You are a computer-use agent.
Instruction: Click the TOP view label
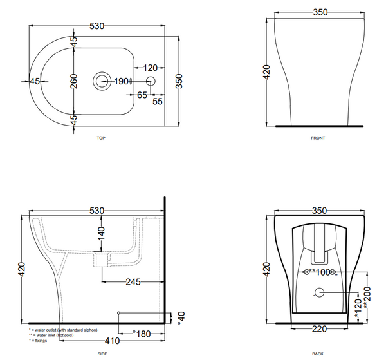[100, 138]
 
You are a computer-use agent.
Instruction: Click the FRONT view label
[318, 138]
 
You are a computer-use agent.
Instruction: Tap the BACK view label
[317, 354]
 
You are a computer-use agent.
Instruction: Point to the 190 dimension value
[120, 81]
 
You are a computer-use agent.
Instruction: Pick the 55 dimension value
[158, 101]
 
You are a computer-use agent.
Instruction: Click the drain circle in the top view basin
[102, 81]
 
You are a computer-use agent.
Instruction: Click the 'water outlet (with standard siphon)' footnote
[65, 329]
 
